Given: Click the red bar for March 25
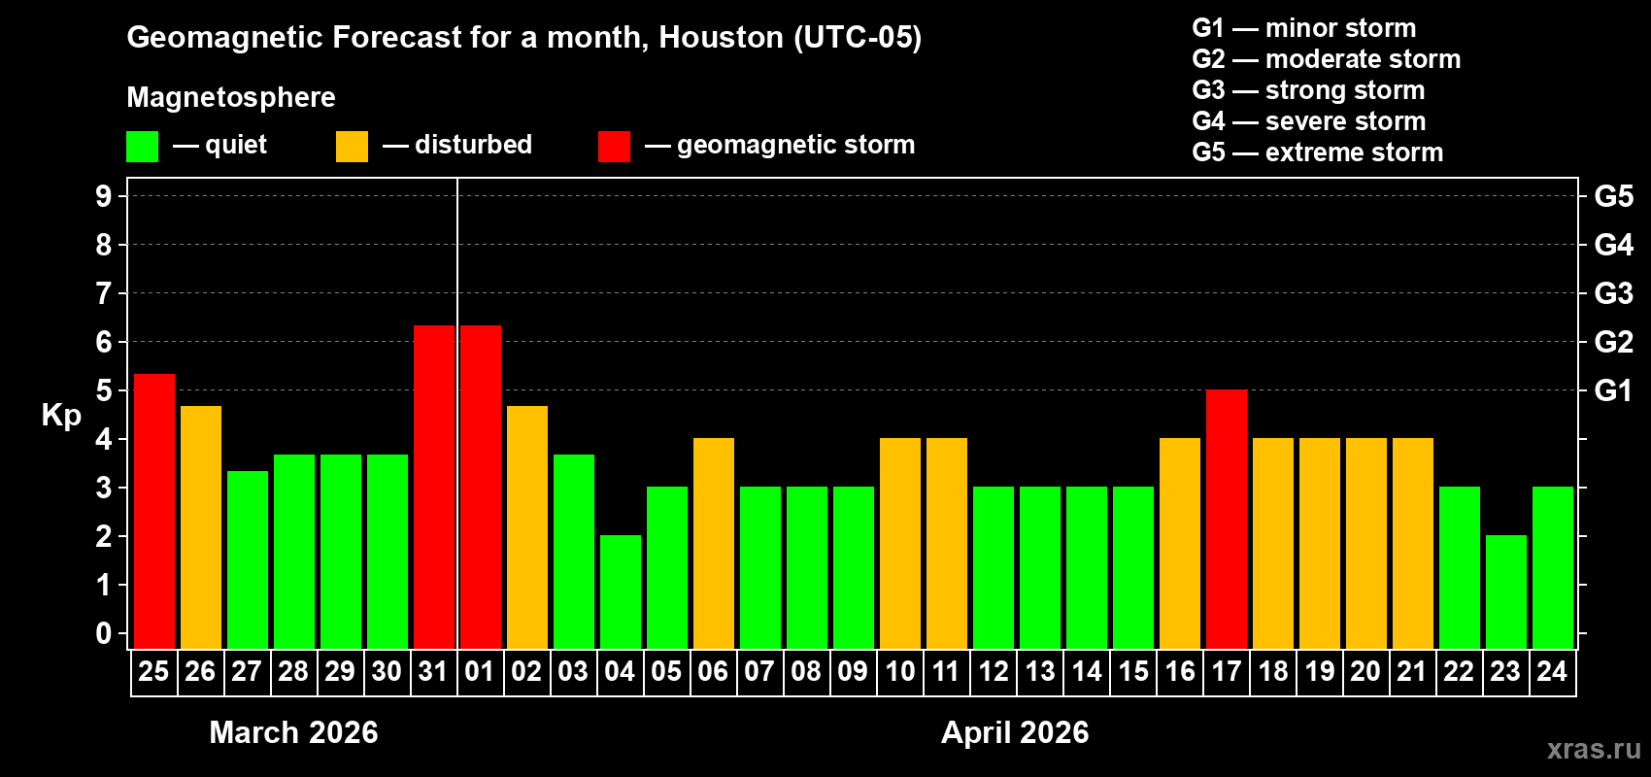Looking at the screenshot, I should (x=154, y=511).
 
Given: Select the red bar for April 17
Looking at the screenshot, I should (x=1227, y=519).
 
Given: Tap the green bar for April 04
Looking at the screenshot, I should (x=621, y=591).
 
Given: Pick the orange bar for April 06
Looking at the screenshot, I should (x=714, y=543).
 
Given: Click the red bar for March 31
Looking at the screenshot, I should (x=434, y=487).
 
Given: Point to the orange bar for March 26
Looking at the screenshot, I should (x=201, y=526).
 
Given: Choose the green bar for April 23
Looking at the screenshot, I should (x=1506, y=591).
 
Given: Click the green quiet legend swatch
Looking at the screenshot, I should (x=143, y=147).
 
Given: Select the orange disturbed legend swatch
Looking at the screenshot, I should (x=353, y=147).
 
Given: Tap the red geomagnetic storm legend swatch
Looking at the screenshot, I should (x=615, y=147).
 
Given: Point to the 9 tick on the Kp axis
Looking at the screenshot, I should (x=104, y=196).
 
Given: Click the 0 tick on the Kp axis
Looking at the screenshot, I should (x=104, y=634).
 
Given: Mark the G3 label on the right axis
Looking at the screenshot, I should (x=1613, y=293).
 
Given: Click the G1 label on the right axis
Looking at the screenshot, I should (x=1613, y=390).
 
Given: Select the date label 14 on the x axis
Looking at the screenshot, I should (x=1087, y=671).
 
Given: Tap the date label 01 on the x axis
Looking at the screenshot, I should (x=480, y=671).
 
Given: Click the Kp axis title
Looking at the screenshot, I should (x=61, y=415).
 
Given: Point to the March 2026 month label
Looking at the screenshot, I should (x=293, y=732).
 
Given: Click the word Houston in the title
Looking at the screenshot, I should (x=721, y=37).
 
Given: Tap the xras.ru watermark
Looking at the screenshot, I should (x=1593, y=749).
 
